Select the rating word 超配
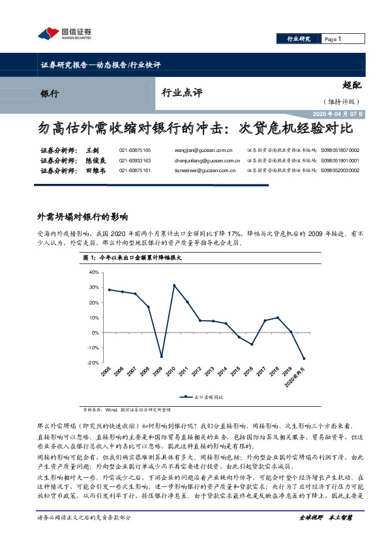point(351,85)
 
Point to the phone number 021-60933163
point(135,160)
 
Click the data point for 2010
point(175,286)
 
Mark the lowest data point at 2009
point(162,356)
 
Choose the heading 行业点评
point(182,93)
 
